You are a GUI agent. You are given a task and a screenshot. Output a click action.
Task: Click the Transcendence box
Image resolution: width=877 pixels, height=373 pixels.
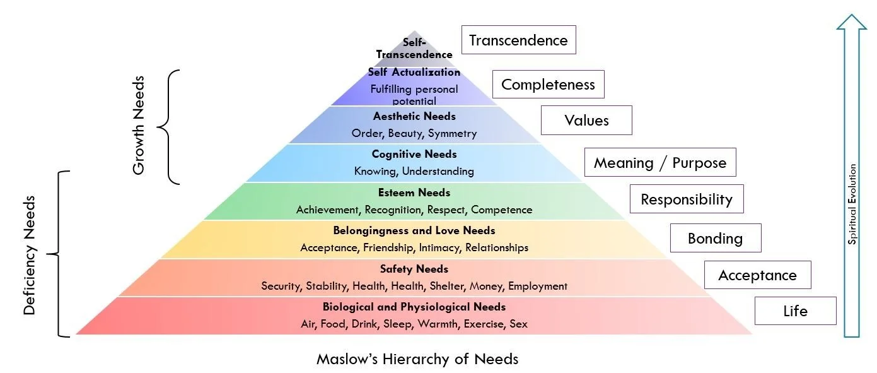(x=518, y=40)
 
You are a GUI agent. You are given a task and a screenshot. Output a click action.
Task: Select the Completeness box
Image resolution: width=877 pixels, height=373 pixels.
(x=548, y=85)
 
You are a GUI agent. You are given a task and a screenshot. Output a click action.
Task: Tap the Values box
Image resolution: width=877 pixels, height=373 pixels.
(x=586, y=121)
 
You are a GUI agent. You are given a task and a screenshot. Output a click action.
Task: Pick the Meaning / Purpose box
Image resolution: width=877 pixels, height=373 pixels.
(x=660, y=163)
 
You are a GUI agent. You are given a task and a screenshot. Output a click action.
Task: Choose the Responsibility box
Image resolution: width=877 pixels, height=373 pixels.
(x=687, y=199)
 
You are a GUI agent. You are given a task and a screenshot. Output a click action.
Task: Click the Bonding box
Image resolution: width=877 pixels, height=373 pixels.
(x=715, y=239)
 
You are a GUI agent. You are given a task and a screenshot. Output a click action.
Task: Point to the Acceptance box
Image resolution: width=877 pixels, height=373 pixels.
(x=757, y=275)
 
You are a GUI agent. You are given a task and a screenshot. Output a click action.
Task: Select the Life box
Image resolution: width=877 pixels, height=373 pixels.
(x=795, y=311)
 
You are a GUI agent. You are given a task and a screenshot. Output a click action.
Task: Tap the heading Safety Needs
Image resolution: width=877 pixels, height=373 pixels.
(x=414, y=269)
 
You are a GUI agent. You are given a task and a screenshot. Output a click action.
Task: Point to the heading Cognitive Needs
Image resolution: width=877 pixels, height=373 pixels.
(x=414, y=154)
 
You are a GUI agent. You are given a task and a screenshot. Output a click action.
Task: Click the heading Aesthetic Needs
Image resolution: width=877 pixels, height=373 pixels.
(x=414, y=116)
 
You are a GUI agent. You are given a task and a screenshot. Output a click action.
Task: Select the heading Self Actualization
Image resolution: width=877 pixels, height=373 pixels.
(x=414, y=72)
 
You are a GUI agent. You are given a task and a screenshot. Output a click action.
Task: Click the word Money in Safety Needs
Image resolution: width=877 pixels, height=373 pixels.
(x=485, y=286)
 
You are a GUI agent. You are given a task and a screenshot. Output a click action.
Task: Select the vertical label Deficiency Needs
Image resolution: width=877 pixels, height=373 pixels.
(x=30, y=254)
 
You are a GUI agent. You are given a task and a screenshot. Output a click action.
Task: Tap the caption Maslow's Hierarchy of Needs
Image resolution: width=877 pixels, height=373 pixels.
(x=417, y=359)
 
